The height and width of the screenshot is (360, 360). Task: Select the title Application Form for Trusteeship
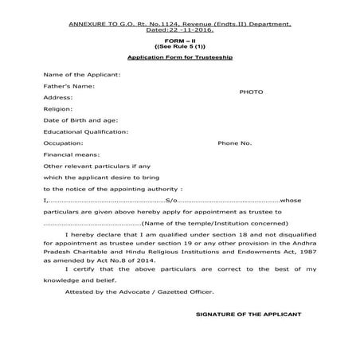coord(179,58)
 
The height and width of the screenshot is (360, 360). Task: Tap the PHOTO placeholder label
coord(251,92)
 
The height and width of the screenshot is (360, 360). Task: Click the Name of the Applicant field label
coord(83,74)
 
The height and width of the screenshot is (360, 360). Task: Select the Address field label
coord(59,96)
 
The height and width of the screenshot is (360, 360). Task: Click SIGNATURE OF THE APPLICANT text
coord(248,315)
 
